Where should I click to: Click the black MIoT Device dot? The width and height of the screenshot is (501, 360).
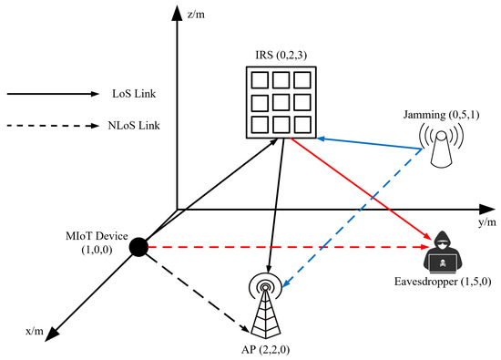(138, 247)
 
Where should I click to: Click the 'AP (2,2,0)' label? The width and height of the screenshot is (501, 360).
(265, 349)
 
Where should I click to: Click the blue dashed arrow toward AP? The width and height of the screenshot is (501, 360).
(355, 219)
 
